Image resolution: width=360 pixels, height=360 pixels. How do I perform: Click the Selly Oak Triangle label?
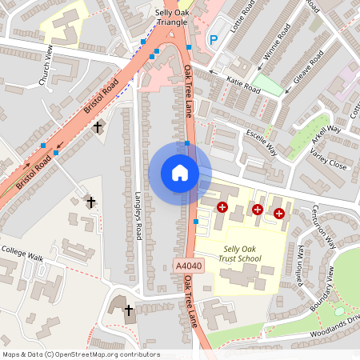click(171, 18)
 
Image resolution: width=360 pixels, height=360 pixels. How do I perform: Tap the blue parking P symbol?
click(214, 39)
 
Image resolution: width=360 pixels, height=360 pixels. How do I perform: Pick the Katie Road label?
click(243, 84)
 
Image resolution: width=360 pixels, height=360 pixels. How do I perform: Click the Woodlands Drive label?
click(334, 322)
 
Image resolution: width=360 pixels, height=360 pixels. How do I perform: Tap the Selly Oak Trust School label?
click(242, 254)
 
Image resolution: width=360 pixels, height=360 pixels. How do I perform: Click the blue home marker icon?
click(180, 173)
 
